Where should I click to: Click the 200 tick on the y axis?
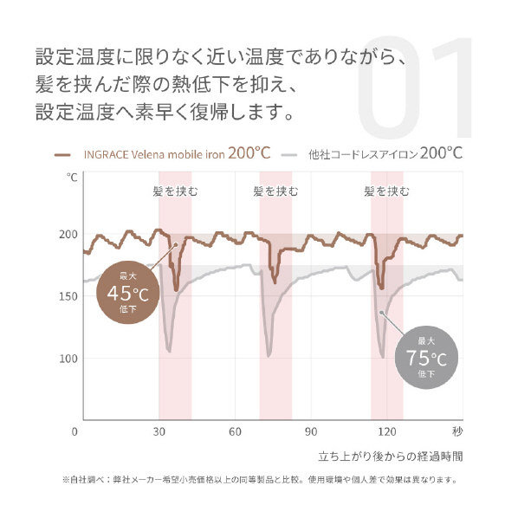[68, 234]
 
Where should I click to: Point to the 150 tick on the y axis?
[68, 296]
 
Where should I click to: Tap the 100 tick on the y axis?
[68, 359]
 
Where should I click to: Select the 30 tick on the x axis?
[159, 431]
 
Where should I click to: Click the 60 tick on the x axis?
[235, 431]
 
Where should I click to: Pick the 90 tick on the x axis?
[311, 431]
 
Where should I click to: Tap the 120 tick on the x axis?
[387, 431]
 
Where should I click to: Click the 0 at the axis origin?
[74, 431]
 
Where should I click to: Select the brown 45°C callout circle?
[128, 293]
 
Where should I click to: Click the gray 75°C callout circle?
[426, 358]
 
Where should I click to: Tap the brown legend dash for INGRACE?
[62, 155]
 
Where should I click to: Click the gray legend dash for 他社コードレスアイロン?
[289, 154]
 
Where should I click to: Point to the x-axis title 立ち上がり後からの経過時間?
[391, 456]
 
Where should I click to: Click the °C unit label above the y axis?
[72, 178]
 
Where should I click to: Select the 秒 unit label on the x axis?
[457, 431]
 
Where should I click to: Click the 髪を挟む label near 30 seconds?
[175, 191]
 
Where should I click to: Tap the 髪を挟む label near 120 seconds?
[386, 191]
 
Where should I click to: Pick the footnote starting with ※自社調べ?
[260, 479]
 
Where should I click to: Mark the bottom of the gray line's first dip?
[169, 352]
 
